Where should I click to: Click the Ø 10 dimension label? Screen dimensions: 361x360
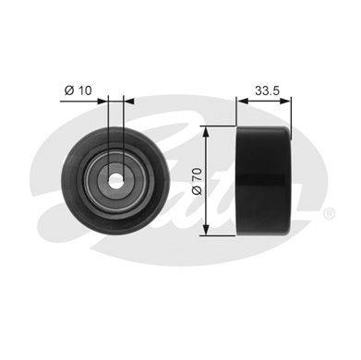[78, 90]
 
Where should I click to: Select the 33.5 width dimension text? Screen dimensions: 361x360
[267, 90]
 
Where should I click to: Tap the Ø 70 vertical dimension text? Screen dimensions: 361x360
[197, 181]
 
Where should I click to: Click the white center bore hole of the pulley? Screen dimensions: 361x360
[115, 181]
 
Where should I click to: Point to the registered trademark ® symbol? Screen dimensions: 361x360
[329, 214]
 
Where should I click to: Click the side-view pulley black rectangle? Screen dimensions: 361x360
[263, 181]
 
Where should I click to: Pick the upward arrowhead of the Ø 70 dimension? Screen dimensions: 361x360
[206, 132]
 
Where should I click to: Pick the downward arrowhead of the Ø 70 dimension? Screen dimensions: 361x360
[206, 230]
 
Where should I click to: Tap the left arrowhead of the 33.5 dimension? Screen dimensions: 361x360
[243, 101]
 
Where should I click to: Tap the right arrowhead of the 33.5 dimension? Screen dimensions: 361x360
[285, 101]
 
